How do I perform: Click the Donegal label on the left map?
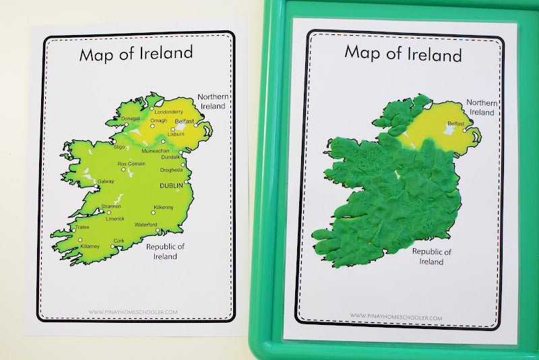130,119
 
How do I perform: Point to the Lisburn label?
175,134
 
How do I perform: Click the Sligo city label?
120,146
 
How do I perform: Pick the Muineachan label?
154,151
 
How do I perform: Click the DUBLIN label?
172,184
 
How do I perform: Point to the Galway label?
106,181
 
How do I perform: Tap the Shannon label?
110,207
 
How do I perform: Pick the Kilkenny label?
164,206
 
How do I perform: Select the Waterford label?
146,224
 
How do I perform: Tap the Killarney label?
89,247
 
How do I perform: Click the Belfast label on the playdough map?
456,123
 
